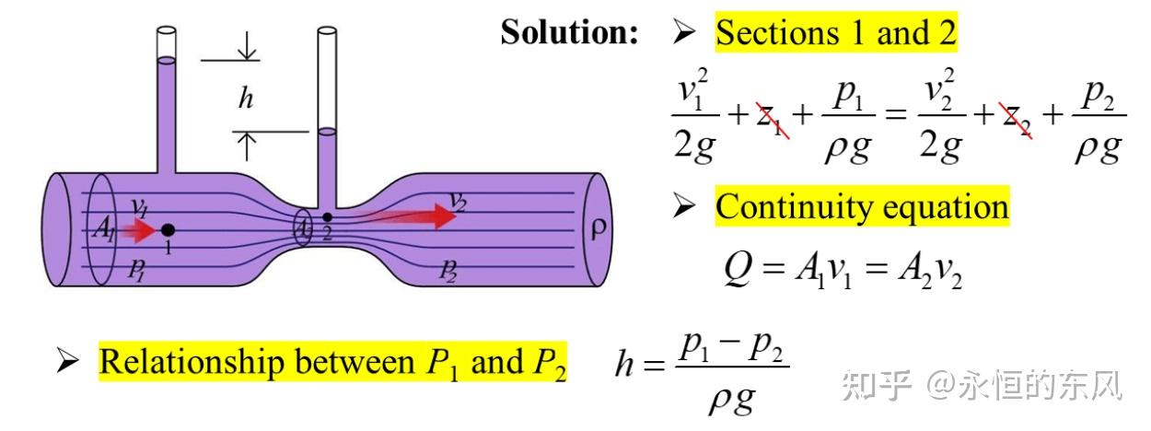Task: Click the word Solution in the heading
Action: [x=569, y=32]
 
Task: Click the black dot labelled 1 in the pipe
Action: [x=168, y=230]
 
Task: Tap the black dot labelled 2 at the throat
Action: [x=327, y=218]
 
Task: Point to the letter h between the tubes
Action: [x=246, y=98]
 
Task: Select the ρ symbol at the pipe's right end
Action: [x=599, y=229]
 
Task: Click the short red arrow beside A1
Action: [x=139, y=230]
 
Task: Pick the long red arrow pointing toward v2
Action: [x=406, y=215]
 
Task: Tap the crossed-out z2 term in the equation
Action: [x=1016, y=121]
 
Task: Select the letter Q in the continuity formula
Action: [x=738, y=268]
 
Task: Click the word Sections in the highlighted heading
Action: [x=777, y=32]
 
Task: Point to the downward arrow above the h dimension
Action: [x=247, y=45]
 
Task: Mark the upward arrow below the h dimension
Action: [x=247, y=146]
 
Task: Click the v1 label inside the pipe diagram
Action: [x=140, y=207]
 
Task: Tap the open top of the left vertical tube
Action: [x=166, y=30]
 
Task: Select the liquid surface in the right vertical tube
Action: [x=327, y=132]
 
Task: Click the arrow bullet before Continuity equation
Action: [x=684, y=207]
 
